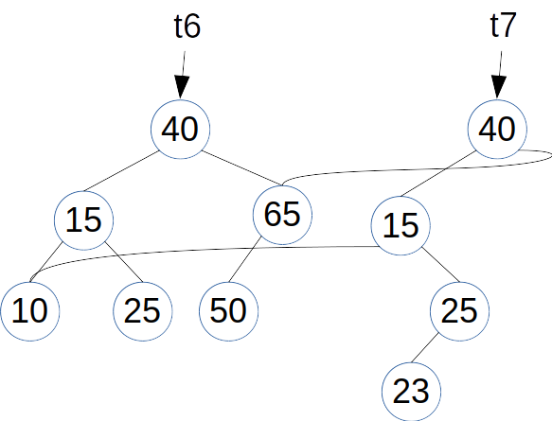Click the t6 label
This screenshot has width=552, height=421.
click(187, 26)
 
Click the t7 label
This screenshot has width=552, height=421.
click(504, 25)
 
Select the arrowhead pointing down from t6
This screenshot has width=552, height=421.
click(181, 87)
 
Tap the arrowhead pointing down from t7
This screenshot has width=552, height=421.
click(498, 87)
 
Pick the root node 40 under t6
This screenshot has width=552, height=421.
click(181, 129)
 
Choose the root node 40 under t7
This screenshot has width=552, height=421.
click(497, 129)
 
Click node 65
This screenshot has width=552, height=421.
click(282, 215)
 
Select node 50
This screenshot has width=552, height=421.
click(229, 311)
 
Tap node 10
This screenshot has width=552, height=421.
click(30, 311)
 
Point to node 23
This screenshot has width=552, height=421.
click(411, 392)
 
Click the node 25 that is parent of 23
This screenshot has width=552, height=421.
click(459, 311)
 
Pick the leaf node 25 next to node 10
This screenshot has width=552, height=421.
click(143, 311)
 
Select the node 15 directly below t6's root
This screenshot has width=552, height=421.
click(83, 220)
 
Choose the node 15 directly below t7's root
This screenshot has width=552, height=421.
click(401, 225)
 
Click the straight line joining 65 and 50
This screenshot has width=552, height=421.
click(245, 259)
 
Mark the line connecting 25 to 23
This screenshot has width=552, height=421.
click(425, 347)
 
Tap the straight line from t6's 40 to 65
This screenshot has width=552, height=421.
click(241, 167)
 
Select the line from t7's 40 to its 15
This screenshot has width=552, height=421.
click(438, 174)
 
